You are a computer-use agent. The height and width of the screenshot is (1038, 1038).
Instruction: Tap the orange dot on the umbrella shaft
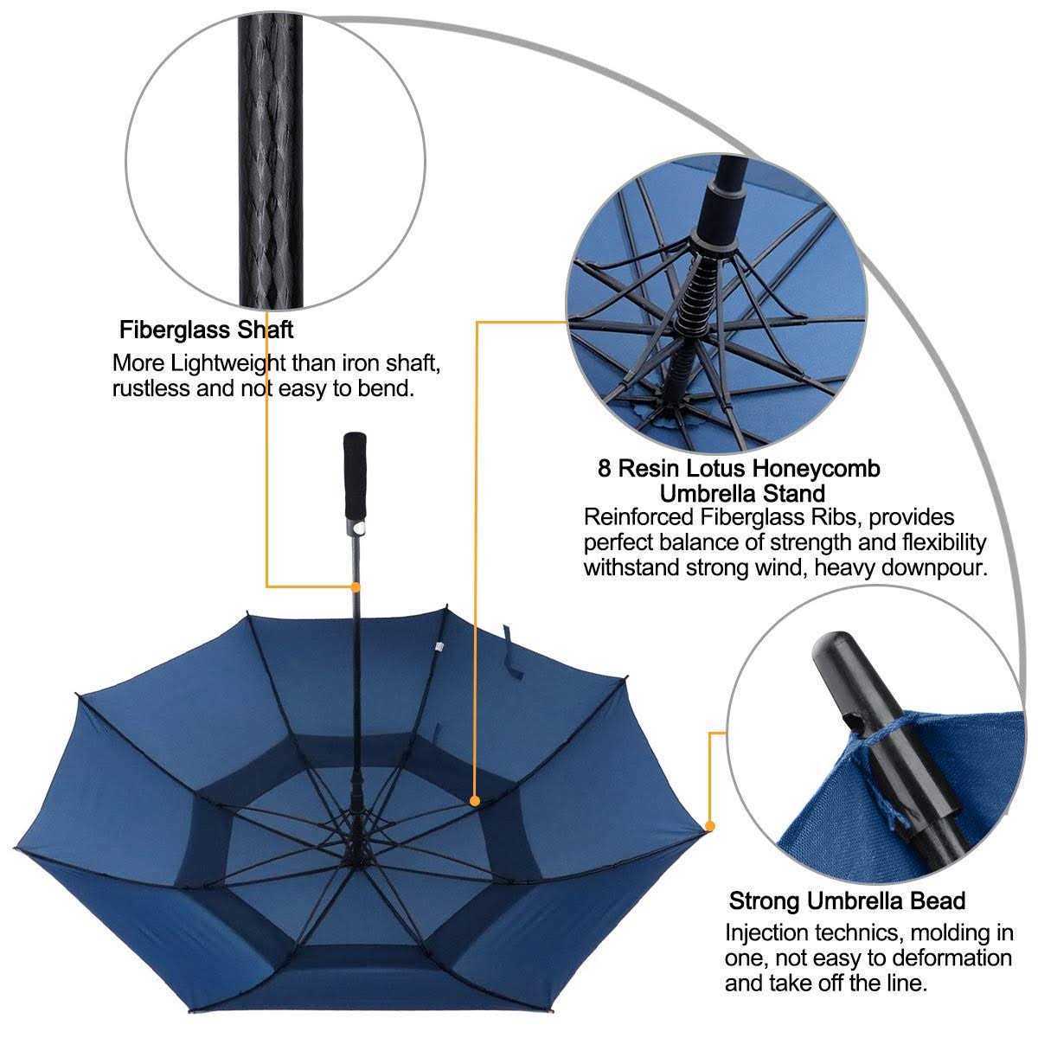click(x=356, y=586)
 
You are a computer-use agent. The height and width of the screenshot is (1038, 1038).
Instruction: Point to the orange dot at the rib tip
click(x=710, y=826)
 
